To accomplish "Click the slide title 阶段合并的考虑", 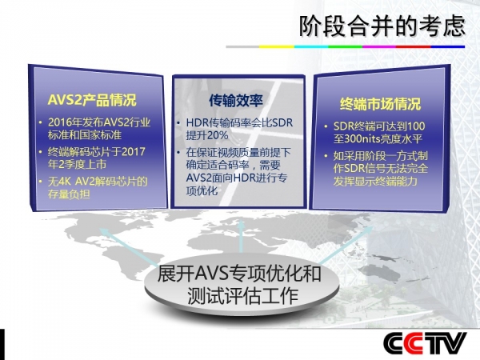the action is (x=382, y=26).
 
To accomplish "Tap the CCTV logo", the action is (x=425, y=343).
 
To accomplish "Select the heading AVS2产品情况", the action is (x=92, y=100).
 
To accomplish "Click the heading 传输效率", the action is (x=236, y=101).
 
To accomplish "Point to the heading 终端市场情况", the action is (x=380, y=104).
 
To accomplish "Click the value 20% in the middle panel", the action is (x=217, y=135).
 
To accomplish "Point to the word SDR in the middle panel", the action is (x=282, y=122).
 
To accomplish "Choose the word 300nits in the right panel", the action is (x=362, y=139).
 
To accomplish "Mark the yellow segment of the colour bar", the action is (x=277, y=47).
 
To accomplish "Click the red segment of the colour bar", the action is (x=414, y=47).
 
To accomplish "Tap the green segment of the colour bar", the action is (x=346, y=47).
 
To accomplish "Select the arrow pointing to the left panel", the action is (x=129, y=247).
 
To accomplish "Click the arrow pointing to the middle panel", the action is (x=242, y=236).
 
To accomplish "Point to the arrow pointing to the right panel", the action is (x=346, y=245).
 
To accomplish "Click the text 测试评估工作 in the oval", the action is (x=242, y=295).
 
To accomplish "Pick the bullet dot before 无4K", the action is (x=41, y=182).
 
